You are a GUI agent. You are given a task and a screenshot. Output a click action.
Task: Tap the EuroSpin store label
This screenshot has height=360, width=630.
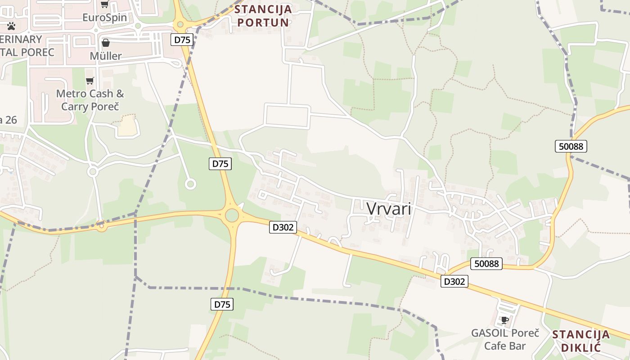pyautogui.click(x=105, y=18)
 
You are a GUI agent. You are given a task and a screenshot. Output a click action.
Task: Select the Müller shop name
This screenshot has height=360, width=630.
pyautogui.click(x=106, y=56)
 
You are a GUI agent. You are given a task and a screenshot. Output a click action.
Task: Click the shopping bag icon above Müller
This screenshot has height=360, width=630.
pyautogui.click(x=106, y=43)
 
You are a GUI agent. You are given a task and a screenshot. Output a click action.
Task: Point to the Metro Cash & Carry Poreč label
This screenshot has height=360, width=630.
pyautogui.click(x=90, y=100)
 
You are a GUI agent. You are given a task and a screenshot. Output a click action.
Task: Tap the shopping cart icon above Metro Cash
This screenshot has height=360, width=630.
pyautogui.click(x=90, y=81)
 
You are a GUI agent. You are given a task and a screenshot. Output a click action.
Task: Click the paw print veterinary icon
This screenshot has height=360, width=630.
pyautogui.click(x=11, y=26)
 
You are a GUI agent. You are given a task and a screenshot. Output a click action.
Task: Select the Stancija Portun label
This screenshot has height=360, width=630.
pyautogui.click(x=263, y=15)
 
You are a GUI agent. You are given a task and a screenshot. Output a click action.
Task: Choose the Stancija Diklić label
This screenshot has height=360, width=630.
pyautogui.click(x=581, y=341)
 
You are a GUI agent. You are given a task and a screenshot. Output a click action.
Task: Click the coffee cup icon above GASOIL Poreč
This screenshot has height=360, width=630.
pyautogui.click(x=505, y=320)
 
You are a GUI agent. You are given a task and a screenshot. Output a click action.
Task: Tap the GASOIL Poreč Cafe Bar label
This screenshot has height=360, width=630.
pyautogui.click(x=505, y=339)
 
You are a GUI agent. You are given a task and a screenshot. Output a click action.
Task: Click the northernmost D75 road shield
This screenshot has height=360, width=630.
pyautogui.click(x=182, y=40)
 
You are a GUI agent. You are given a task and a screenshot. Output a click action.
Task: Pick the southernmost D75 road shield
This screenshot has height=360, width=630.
pyautogui.click(x=222, y=304)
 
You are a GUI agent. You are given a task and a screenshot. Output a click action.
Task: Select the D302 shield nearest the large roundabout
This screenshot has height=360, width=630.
pyautogui.click(x=283, y=227)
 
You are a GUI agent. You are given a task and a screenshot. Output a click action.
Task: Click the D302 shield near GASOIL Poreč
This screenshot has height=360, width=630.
pyautogui.click(x=454, y=281)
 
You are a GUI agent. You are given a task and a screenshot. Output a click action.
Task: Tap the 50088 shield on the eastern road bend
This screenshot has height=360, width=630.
pyautogui.click(x=571, y=146)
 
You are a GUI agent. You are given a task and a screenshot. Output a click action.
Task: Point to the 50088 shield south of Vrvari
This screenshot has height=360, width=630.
pyautogui.click(x=486, y=263)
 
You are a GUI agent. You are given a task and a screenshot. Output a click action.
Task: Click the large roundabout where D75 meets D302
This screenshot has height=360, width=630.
pyautogui.click(x=232, y=215)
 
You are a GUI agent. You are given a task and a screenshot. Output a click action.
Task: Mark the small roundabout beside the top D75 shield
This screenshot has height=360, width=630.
pyautogui.click(x=180, y=24)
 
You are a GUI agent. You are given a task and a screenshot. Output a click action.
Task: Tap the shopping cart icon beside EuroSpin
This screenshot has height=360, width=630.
pyautogui.click(x=104, y=4)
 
